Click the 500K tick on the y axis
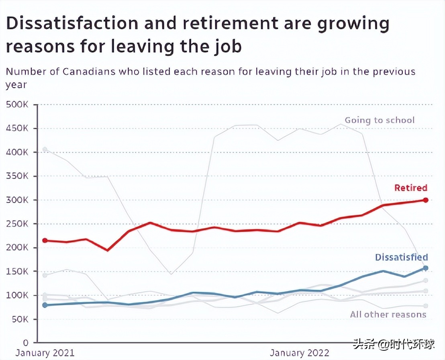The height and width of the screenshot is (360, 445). [x=17, y=105]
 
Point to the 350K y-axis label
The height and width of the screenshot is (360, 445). [x=17, y=176]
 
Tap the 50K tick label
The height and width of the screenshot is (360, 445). [x=20, y=319]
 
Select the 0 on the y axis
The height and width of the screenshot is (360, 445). [x=25, y=343]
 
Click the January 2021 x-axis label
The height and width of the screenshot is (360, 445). [x=45, y=353]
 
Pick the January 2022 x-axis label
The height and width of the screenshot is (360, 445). [x=300, y=353]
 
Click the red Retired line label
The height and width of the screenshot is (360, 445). [x=410, y=188]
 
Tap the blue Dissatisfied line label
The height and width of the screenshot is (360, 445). [x=401, y=258]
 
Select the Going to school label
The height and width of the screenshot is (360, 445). [x=380, y=120]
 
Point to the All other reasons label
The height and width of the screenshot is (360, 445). [x=388, y=314]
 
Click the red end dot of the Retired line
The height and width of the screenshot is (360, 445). [x=426, y=200]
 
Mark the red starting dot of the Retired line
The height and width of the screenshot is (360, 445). [x=45, y=241]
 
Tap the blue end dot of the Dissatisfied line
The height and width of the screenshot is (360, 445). [x=426, y=268]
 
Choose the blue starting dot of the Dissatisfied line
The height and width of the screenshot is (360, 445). [x=45, y=305]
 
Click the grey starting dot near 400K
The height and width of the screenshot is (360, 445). [x=45, y=149]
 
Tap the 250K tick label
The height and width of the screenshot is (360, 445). [x=17, y=224]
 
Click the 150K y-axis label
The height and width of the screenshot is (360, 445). [x=17, y=272]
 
